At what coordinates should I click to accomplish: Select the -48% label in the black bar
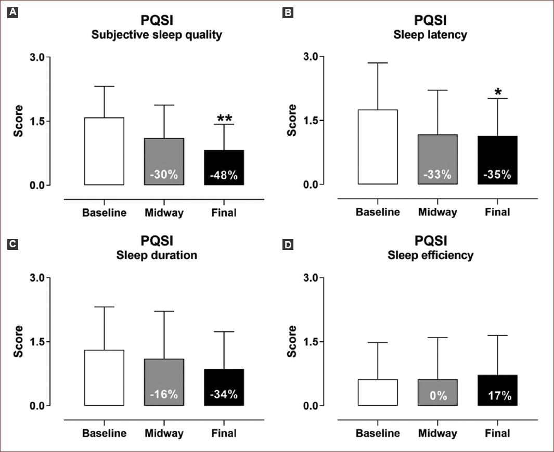[x=224, y=176]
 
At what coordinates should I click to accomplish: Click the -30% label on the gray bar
[x=164, y=175]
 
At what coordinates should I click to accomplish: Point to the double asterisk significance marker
[x=224, y=119]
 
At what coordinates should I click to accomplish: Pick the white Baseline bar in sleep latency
[x=378, y=147]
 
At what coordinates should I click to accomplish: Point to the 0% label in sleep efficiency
[x=438, y=396]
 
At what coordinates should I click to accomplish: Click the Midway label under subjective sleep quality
[x=164, y=213]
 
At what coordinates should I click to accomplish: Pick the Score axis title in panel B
[x=292, y=120]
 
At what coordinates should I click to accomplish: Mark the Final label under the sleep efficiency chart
[x=498, y=433]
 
